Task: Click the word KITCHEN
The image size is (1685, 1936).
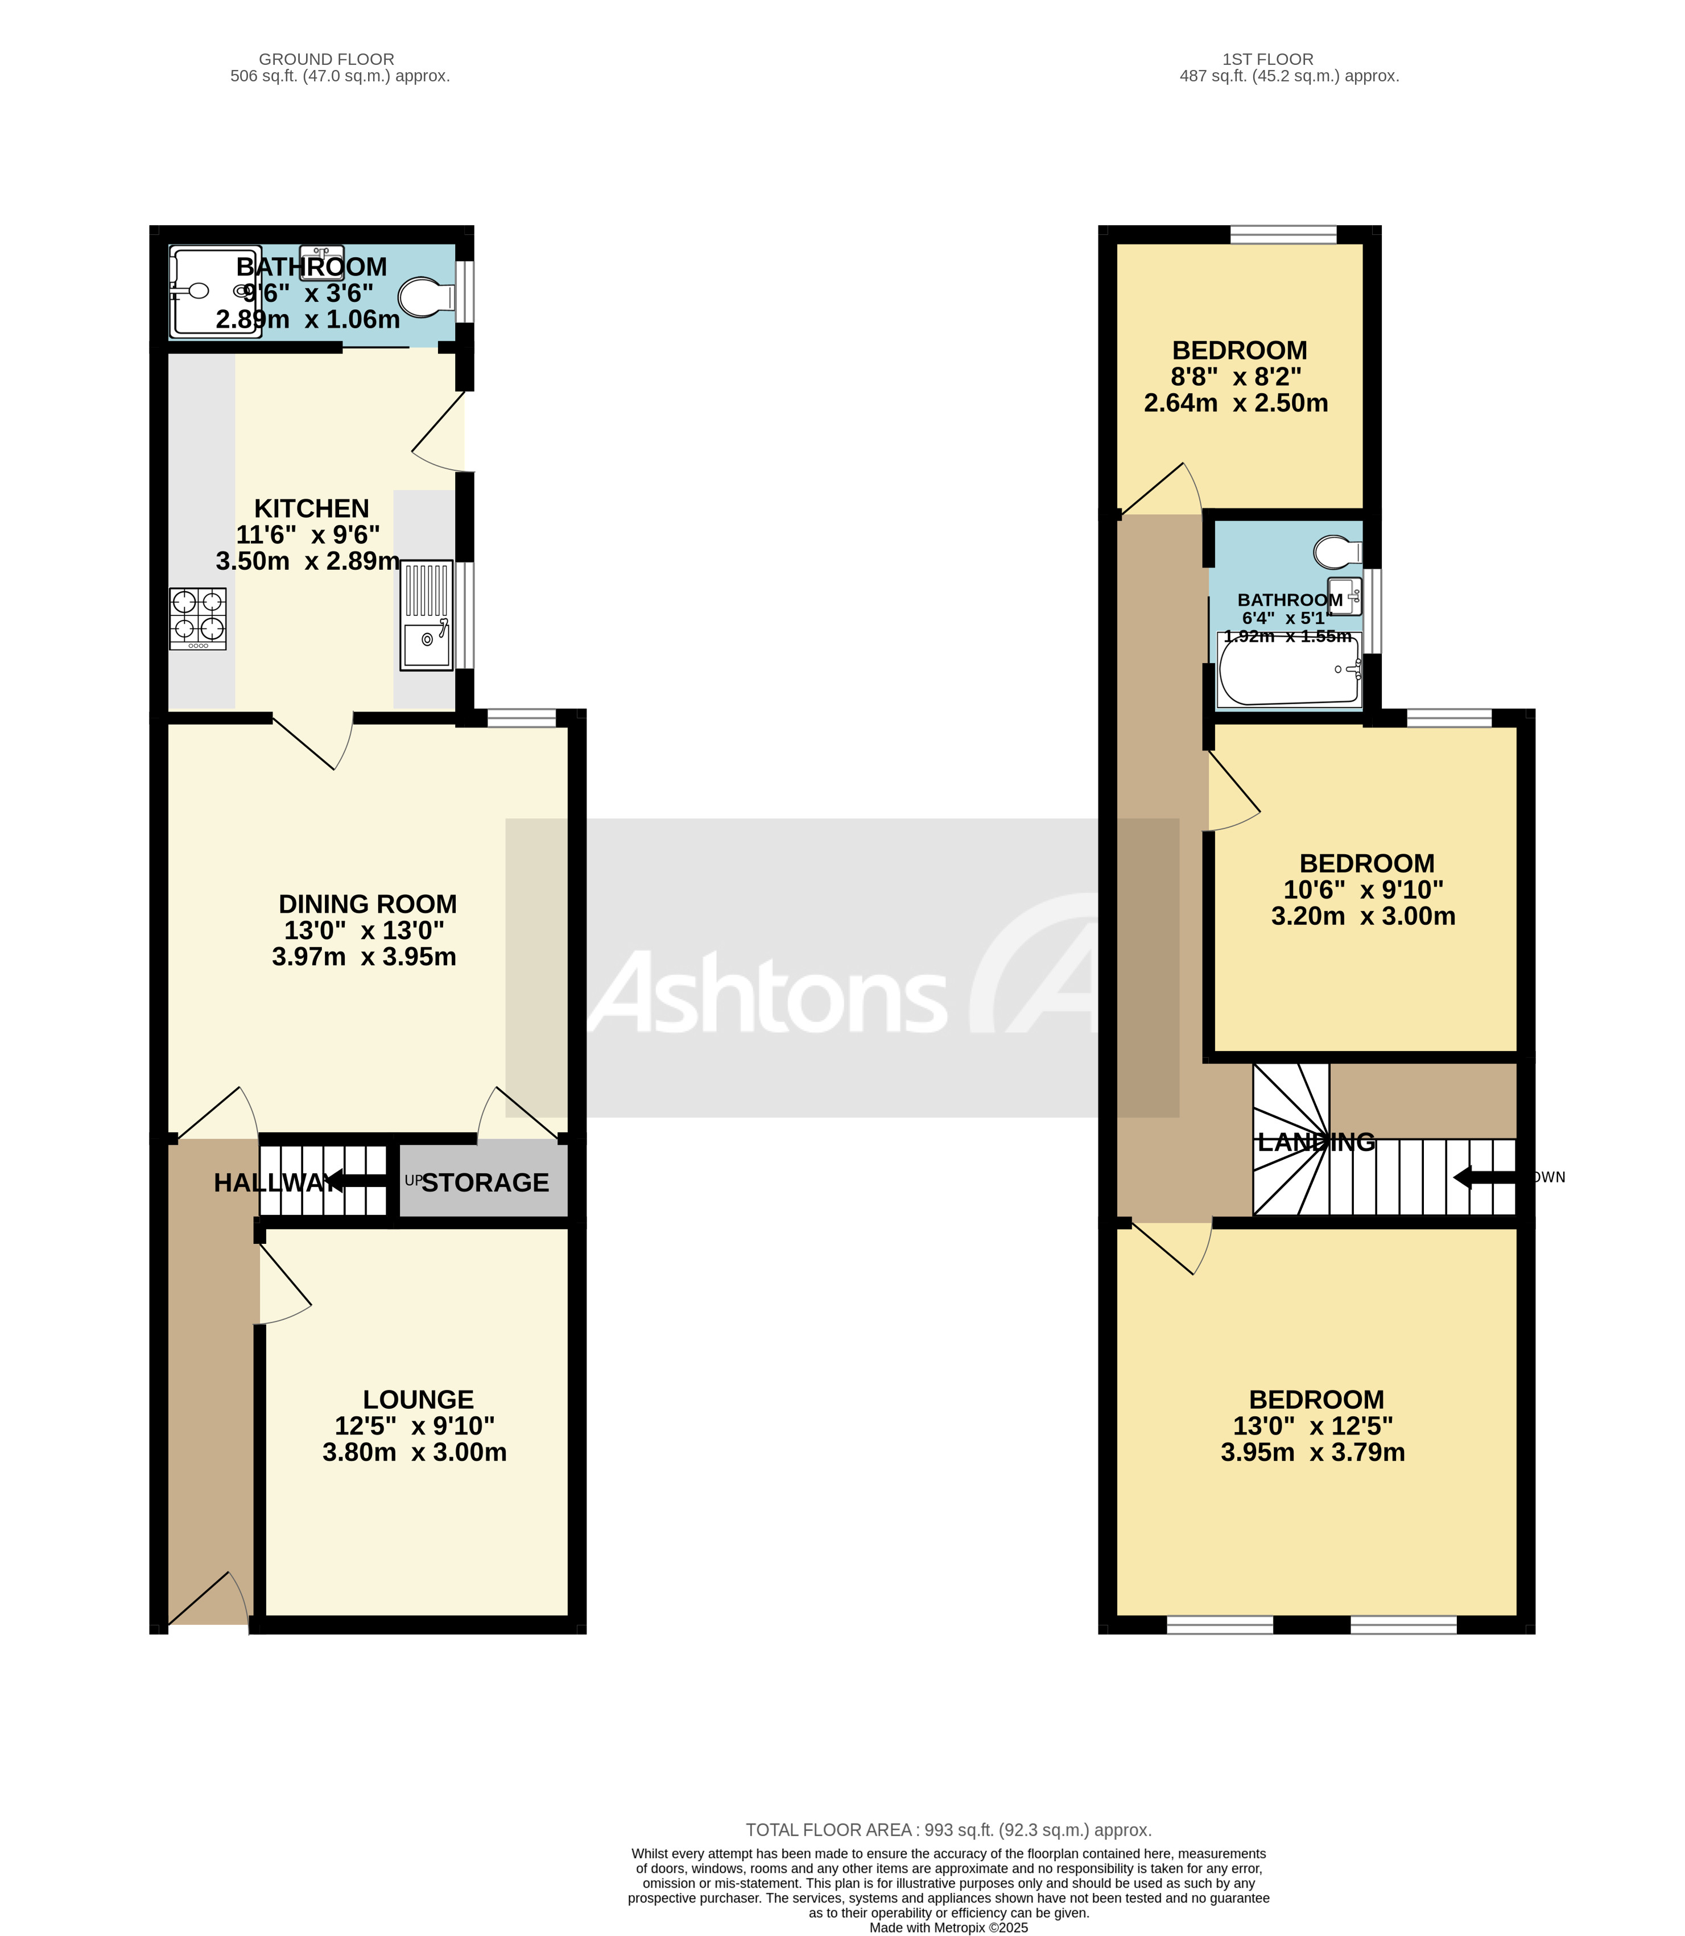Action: pyautogui.click(x=311, y=508)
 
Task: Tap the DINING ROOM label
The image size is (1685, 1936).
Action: pyautogui.click(x=367, y=904)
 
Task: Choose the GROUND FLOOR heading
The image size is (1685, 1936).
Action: pyautogui.click(x=327, y=59)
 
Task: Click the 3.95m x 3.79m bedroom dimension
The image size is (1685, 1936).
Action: pyautogui.click(x=1312, y=1453)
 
